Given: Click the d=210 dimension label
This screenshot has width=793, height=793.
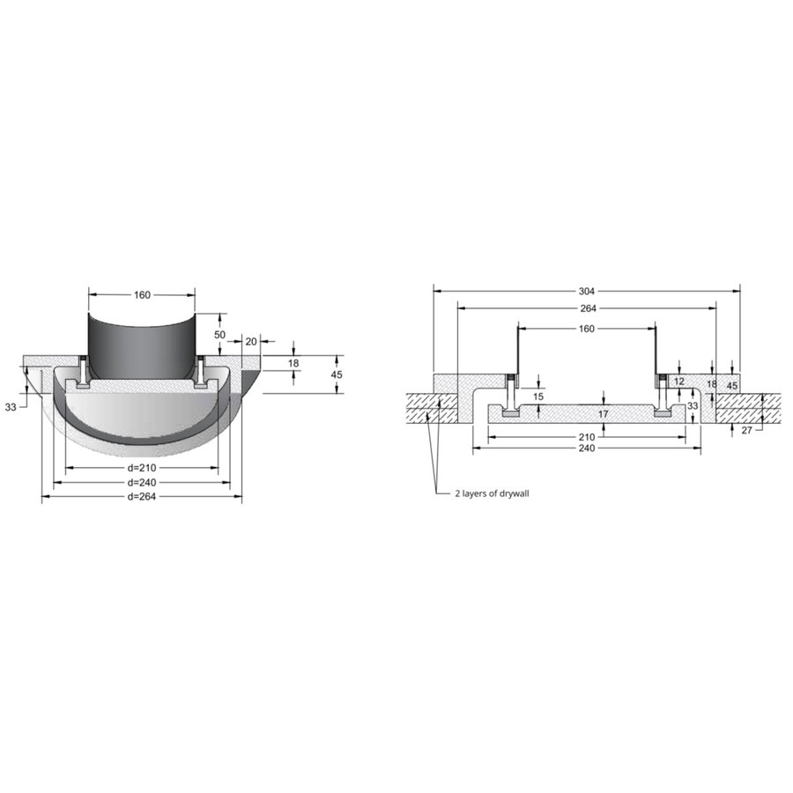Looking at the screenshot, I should tap(142, 468).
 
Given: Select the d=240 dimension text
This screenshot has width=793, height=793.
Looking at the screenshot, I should tap(142, 483).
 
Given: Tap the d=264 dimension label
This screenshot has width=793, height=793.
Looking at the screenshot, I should tap(142, 497).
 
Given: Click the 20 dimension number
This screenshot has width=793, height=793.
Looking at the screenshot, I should tap(251, 341).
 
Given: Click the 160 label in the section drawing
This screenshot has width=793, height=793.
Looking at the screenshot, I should tap(587, 329).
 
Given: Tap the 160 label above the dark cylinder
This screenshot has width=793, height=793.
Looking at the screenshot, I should tap(142, 295).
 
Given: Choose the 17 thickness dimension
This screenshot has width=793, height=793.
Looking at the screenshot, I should tap(604, 413).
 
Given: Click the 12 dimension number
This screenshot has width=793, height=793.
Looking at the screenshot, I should tap(679, 382).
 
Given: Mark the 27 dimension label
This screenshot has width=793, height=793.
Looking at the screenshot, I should tap(747, 431).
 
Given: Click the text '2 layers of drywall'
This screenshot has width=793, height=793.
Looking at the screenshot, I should tap(492, 494).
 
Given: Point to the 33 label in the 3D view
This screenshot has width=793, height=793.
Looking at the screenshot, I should tap(11, 407).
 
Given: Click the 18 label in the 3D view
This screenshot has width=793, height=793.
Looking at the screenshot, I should tap(293, 363).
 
